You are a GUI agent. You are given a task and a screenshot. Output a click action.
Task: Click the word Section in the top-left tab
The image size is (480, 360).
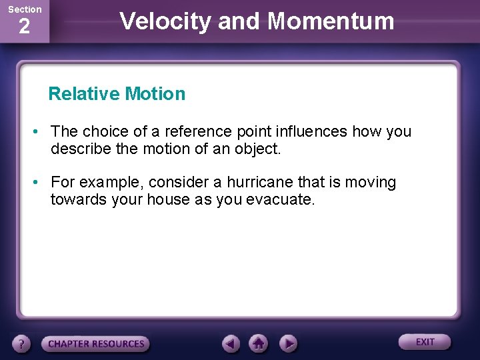tap(24, 9)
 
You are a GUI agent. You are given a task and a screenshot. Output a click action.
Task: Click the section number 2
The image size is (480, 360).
tap(24, 27)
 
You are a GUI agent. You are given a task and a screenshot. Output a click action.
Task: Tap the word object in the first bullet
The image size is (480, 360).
tap(257, 149)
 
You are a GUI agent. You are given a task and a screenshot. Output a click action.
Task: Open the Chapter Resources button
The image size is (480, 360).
tap(95, 344)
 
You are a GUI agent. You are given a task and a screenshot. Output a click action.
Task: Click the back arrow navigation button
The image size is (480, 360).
tap(231, 344)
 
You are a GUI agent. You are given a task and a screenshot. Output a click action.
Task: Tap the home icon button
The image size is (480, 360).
tap(259, 344)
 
